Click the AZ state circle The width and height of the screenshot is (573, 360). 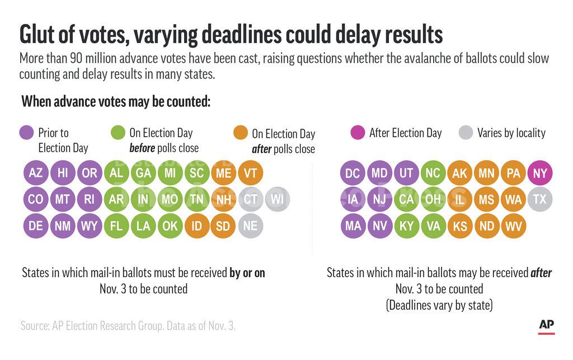point(36,173)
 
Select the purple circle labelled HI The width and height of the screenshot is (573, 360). point(63,173)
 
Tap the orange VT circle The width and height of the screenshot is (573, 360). point(250,173)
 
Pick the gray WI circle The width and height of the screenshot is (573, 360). point(277,199)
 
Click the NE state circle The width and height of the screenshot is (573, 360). point(250,226)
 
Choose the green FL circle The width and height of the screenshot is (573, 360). point(116,226)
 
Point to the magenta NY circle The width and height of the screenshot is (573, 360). point(539,173)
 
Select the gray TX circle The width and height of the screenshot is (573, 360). point(539,199)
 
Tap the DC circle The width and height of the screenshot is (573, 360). point(353,173)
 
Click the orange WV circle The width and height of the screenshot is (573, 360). point(513,226)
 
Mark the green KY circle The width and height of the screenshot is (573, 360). point(406,226)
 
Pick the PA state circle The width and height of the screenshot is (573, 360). point(513,173)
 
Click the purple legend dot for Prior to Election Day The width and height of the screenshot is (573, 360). point(27,133)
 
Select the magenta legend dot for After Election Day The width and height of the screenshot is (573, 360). point(358,133)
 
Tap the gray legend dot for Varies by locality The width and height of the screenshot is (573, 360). point(466,133)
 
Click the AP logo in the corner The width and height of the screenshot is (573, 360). point(547,325)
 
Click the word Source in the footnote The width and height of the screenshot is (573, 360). point(36,325)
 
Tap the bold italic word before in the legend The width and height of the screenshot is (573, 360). point(142,148)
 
